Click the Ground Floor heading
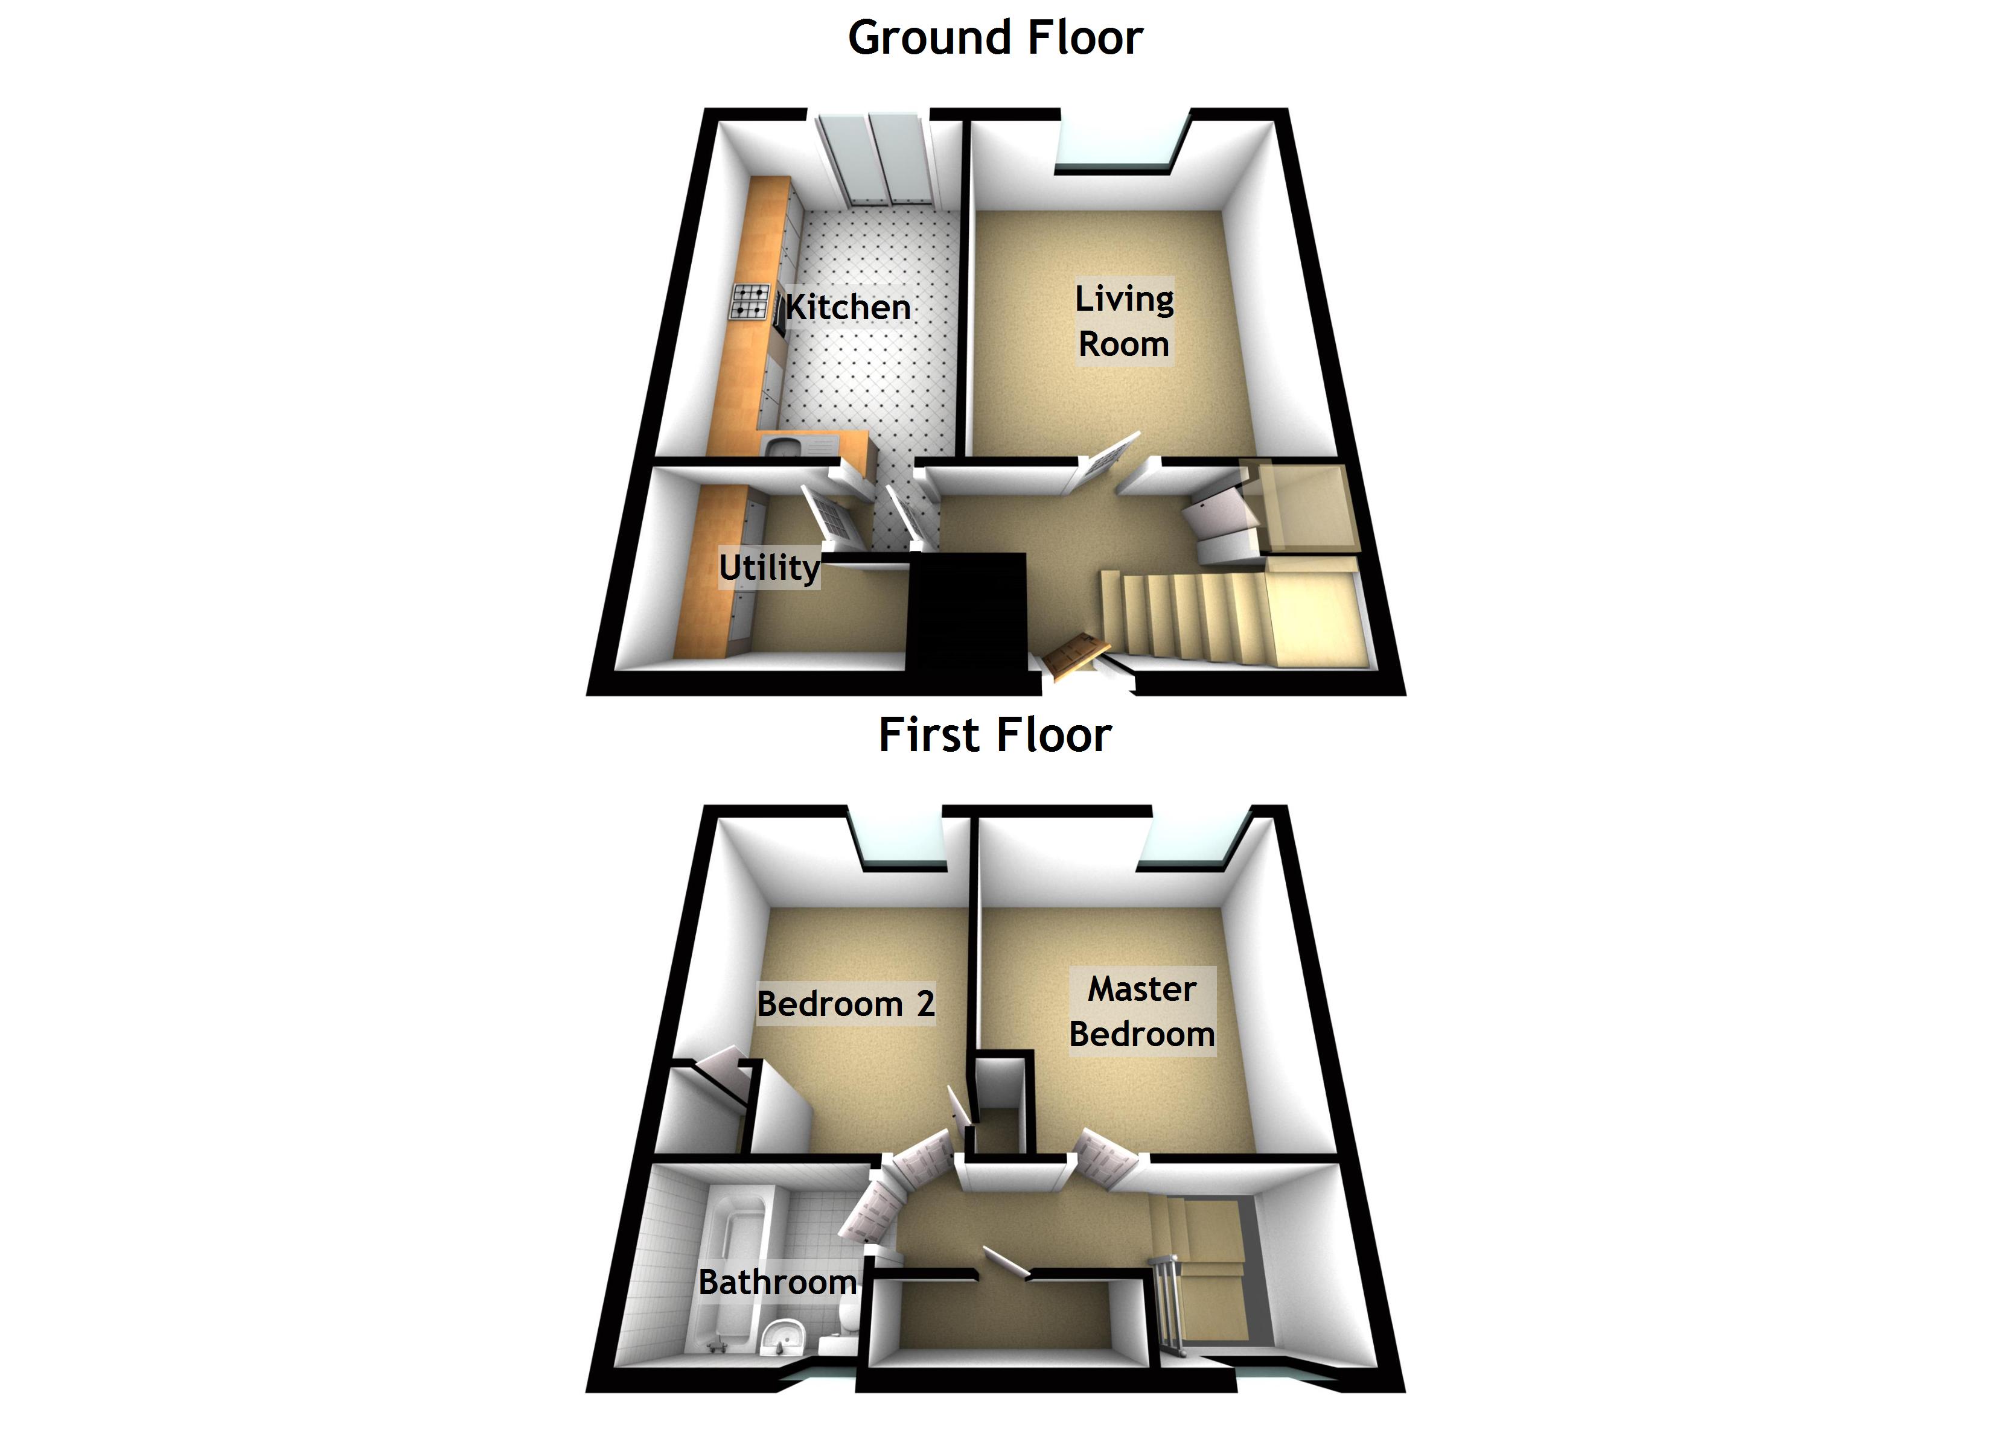click(995, 39)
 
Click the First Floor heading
click(995, 735)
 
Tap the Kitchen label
click(848, 307)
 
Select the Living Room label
click(1124, 322)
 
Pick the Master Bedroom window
click(1190, 843)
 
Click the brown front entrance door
click(1073, 654)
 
